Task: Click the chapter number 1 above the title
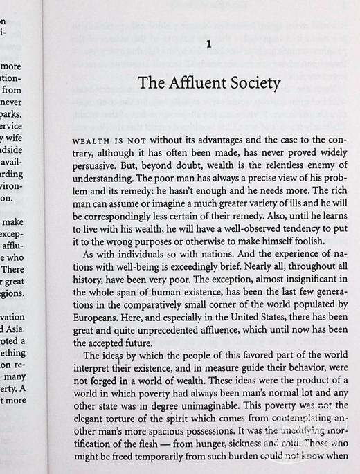[208, 45]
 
